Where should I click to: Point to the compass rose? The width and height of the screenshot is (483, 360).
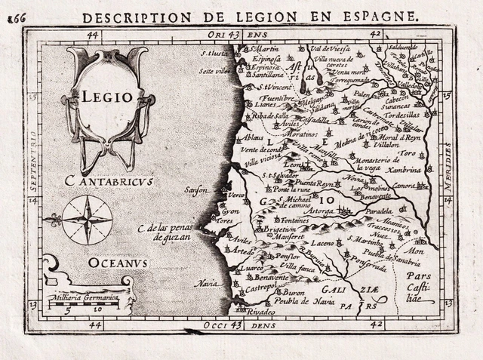tap(87, 220)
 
